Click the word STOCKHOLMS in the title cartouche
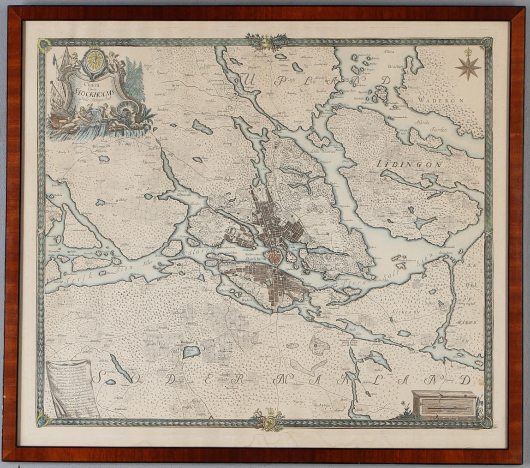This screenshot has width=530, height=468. (95, 91)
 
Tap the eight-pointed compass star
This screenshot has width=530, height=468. (468, 66)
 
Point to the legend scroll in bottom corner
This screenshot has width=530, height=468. (70, 388)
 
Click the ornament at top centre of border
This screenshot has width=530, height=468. (265, 42)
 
